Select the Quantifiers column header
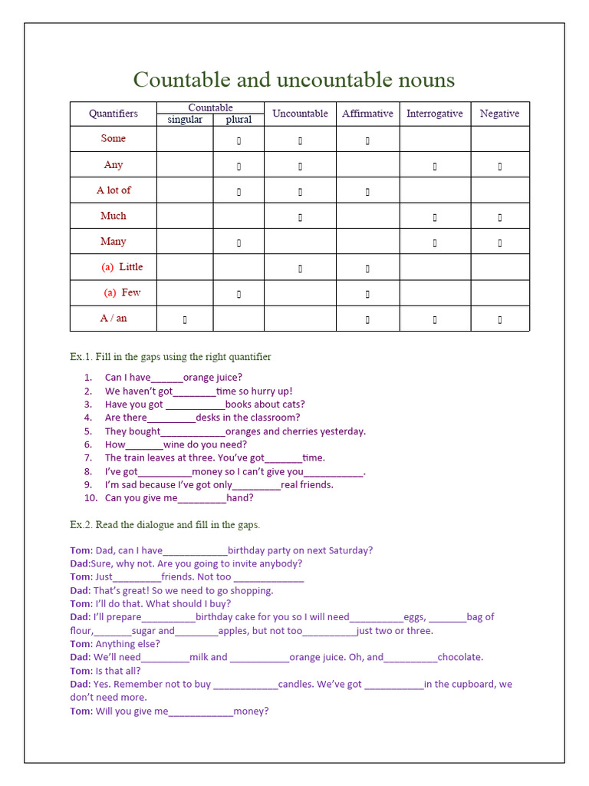click(114, 114)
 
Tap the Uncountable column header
click(300, 114)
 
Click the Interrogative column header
click(435, 114)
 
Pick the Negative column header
click(499, 114)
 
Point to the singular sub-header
click(185, 120)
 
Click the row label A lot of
click(114, 190)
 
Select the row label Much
click(114, 216)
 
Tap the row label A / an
click(114, 318)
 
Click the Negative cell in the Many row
click(500, 243)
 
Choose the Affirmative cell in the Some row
click(367, 140)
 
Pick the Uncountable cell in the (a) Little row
click(300, 269)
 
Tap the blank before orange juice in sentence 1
click(167, 378)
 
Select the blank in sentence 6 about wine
click(144, 444)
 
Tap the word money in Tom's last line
click(251, 711)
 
